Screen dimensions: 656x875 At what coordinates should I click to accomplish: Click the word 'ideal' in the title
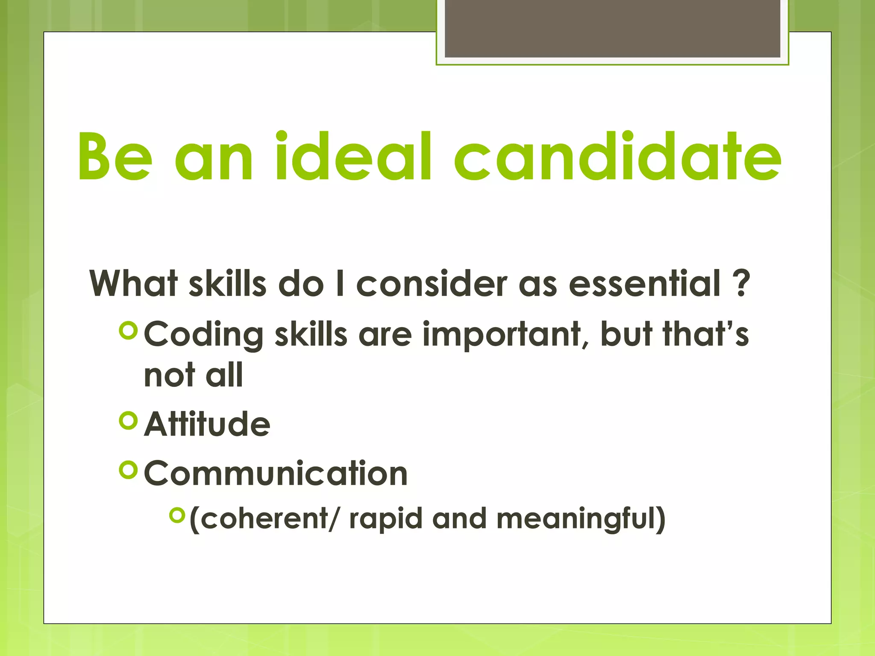[353, 156]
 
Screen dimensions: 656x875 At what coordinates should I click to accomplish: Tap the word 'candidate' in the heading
[617, 156]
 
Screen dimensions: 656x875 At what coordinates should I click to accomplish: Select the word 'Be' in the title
[115, 156]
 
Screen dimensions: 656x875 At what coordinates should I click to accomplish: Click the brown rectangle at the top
[612, 28]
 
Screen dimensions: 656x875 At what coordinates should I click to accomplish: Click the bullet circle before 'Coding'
[129, 331]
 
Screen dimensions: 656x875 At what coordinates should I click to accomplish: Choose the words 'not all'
[193, 375]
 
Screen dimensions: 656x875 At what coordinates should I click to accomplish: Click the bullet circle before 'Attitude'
[129, 421]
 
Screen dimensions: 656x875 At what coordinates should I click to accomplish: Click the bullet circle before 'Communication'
[129, 470]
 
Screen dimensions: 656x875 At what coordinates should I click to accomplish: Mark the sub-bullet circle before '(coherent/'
[177, 515]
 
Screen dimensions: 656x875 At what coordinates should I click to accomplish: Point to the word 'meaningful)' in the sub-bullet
[581, 519]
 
